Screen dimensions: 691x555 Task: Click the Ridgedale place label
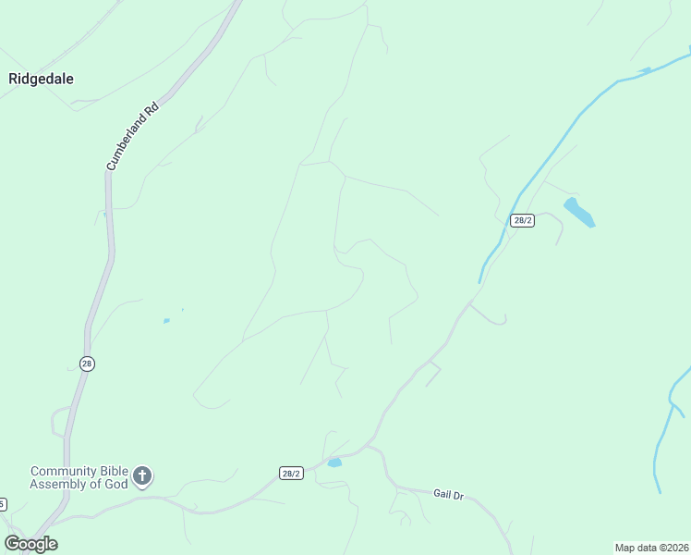pyautogui.click(x=41, y=79)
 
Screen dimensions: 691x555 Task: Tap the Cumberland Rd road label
pyautogui.click(x=132, y=135)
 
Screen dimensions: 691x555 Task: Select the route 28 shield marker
pyautogui.click(x=87, y=364)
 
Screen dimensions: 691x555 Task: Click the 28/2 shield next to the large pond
pyautogui.click(x=522, y=220)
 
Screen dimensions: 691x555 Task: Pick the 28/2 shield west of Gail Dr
pyautogui.click(x=291, y=473)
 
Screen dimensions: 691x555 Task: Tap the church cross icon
pyautogui.click(x=142, y=476)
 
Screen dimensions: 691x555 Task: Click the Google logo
pyautogui.click(x=30, y=544)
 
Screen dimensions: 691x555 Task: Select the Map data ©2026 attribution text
pyautogui.click(x=651, y=548)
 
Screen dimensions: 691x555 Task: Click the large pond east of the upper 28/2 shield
pyautogui.click(x=579, y=212)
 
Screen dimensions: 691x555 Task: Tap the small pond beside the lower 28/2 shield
pyautogui.click(x=333, y=462)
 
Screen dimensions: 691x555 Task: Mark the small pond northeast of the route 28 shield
pyautogui.click(x=166, y=321)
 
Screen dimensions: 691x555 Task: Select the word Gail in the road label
pyautogui.click(x=442, y=493)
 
